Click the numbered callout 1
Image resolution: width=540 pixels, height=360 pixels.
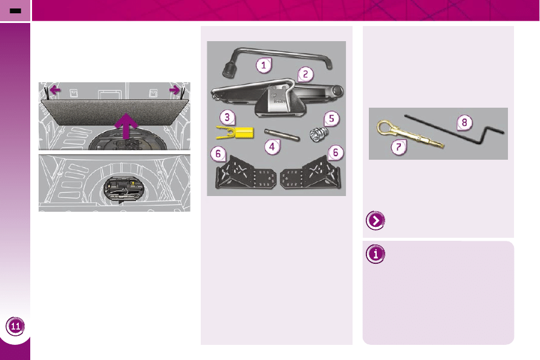(264, 65)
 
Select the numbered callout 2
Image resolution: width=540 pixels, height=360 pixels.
(305, 74)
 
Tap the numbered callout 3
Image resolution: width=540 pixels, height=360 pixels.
(227, 117)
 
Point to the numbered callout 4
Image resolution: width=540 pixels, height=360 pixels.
(272, 147)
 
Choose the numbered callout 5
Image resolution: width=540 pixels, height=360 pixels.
(331, 119)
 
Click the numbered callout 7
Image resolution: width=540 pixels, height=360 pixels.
(398, 148)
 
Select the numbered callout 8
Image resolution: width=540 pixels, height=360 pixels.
(464, 123)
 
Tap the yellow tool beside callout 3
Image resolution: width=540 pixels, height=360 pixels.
(235, 133)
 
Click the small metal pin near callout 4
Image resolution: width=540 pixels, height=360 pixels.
(282, 135)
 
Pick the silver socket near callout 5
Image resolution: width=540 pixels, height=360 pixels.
(319, 134)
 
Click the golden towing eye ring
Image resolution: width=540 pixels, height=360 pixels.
(385, 128)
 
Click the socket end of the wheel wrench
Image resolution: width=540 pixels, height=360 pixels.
(229, 70)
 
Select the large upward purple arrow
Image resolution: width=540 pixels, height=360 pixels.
(127, 126)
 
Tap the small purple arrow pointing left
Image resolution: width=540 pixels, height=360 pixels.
(55, 90)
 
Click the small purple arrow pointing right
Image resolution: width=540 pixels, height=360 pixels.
(174, 90)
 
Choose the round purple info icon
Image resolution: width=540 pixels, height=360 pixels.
(376, 254)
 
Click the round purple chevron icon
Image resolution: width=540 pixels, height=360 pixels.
(376, 220)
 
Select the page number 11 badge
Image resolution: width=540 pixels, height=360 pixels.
(16, 326)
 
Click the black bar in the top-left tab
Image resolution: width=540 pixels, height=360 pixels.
(16, 11)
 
